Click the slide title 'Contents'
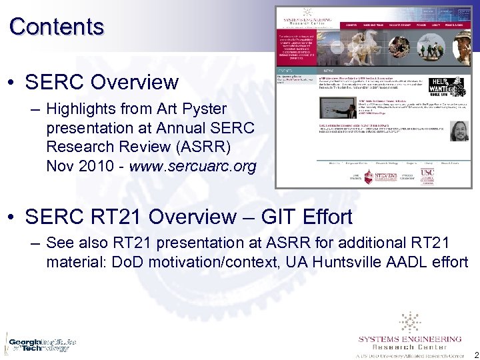point(57,27)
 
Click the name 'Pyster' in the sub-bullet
point(203,108)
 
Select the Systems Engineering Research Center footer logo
point(409,337)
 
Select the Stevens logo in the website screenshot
point(385,175)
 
